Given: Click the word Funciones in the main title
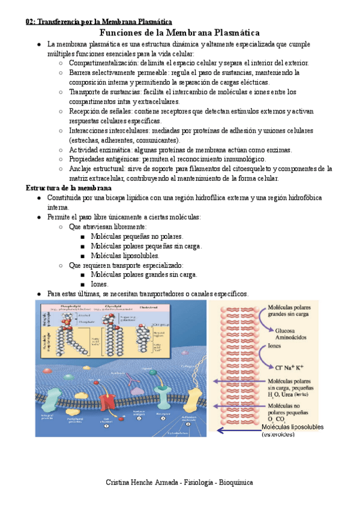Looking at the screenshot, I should point(122,32).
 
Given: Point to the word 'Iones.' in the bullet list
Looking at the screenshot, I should point(100,284).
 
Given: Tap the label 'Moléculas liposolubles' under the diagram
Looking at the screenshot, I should point(292,427).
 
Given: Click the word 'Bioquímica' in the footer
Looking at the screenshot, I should point(236,482).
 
